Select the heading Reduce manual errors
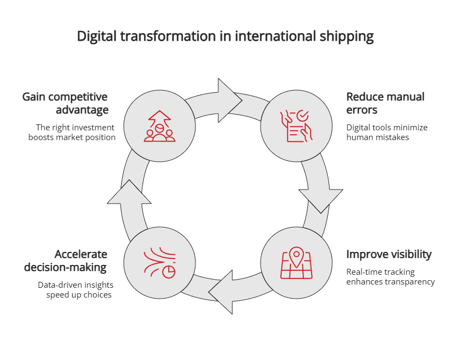pyautogui.click(x=385, y=103)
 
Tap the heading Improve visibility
pyautogui.click(x=389, y=254)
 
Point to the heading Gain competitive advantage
pyautogui.click(x=65, y=103)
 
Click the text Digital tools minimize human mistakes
pyautogui.click(x=387, y=132)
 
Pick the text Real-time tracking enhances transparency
pyautogui.click(x=390, y=277)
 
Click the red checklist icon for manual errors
pyautogui.click(x=296, y=126)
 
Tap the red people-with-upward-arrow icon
pyautogui.click(x=160, y=126)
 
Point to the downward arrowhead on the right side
pyautogui.click(x=321, y=200)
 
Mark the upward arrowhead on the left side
pyautogui.click(x=129, y=192)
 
